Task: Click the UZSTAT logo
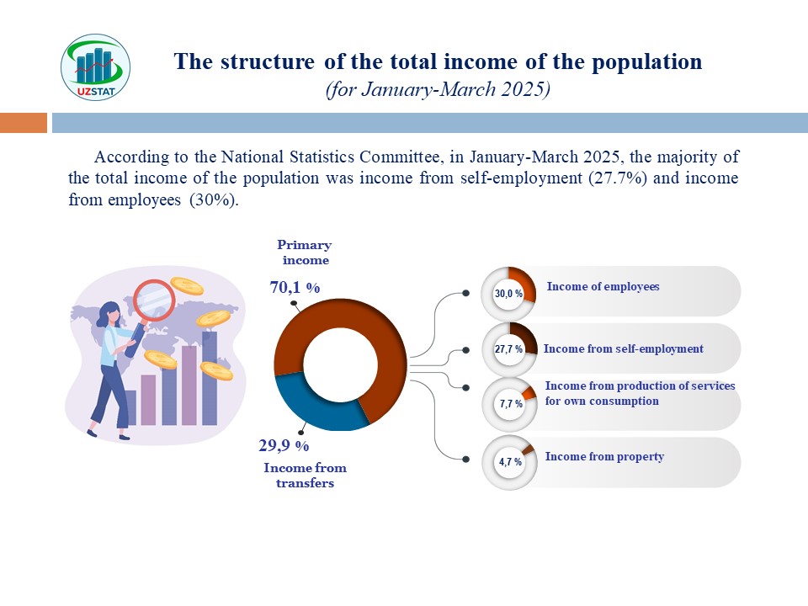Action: coord(95,67)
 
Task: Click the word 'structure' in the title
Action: coord(268,61)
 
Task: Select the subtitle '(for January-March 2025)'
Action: coord(438,89)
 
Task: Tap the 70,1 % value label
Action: coord(295,287)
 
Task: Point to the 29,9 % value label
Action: coord(284,445)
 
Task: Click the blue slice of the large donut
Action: coord(314,407)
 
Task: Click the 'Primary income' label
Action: coord(305,252)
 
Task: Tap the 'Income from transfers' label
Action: coord(305,475)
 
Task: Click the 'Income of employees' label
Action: coord(603,286)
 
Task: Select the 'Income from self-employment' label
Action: coord(623,348)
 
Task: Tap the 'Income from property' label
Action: coord(604,456)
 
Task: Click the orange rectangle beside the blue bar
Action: coord(24,123)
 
